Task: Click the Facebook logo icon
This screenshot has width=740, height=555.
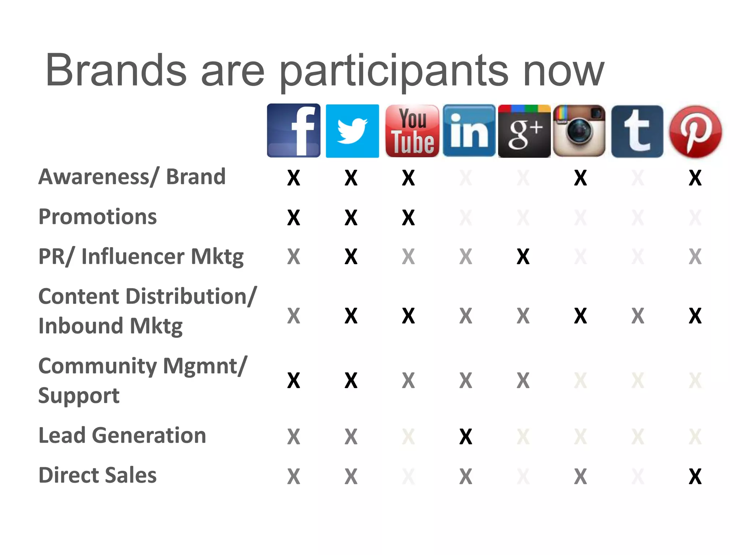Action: click(293, 130)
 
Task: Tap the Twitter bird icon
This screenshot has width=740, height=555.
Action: click(352, 131)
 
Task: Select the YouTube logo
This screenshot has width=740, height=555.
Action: click(412, 131)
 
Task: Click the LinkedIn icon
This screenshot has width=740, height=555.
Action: click(469, 131)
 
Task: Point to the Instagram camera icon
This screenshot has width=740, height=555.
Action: click(579, 131)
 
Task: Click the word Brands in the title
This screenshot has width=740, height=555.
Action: click(116, 70)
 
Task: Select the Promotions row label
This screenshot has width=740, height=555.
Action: click(98, 217)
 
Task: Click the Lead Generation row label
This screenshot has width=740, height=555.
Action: click(122, 435)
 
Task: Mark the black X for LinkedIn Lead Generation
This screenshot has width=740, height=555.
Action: click(465, 436)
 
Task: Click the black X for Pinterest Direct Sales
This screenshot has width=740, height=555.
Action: click(695, 476)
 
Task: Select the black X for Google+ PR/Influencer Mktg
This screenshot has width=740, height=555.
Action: click(523, 257)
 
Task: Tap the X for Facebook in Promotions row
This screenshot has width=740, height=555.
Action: click(293, 218)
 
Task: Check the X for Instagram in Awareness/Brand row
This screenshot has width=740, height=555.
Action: click(580, 178)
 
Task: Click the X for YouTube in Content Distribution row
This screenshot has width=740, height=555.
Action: click(408, 316)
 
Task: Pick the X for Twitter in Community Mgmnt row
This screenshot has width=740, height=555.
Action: click(351, 380)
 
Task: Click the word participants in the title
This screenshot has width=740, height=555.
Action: click(394, 71)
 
